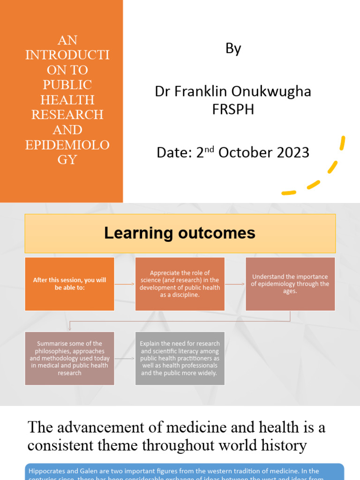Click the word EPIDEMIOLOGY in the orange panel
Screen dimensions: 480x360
67,152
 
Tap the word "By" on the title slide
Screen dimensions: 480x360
233,49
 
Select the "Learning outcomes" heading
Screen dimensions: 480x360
180,233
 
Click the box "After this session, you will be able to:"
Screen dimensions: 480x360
69,284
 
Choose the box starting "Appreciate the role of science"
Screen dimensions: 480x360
180,284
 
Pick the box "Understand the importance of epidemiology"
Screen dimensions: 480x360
290,284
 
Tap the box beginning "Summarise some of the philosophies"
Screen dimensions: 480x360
69,358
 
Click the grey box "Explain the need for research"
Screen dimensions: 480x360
180,358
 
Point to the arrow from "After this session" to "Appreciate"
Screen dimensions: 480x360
125,284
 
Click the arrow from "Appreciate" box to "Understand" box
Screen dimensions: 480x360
235,284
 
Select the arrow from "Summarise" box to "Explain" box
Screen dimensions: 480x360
125,359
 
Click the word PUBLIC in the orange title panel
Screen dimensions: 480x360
67,85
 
